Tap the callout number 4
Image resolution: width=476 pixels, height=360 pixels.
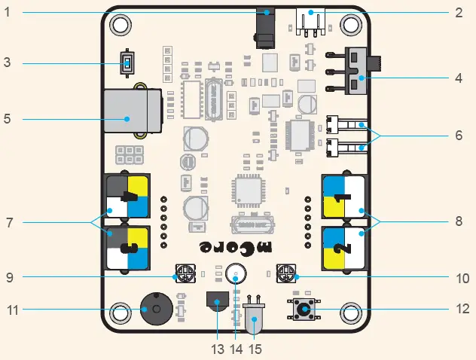tap(459, 78)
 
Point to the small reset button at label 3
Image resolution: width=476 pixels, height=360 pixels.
tap(127, 63)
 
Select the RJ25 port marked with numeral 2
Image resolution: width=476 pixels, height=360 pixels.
tap(343, 248)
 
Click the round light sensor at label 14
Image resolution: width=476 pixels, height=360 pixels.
tap(236, 276)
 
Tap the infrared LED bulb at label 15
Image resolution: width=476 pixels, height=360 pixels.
tap(255, 321)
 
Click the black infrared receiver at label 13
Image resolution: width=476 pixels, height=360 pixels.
tap(218, 302)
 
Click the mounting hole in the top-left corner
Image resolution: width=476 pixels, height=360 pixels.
tap(120, 23)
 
